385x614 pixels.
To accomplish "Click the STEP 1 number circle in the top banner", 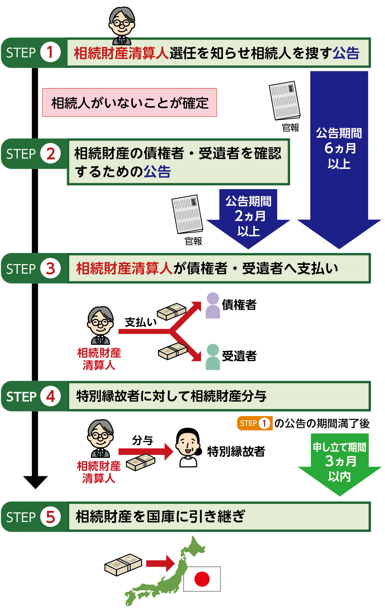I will (x=50, y=52).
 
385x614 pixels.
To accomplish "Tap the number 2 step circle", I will (x=50, y=154).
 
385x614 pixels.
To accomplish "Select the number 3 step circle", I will (x=50, y=268).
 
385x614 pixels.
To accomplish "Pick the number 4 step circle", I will (x=50, y=396).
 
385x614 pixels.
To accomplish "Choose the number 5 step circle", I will (x=50, y=517).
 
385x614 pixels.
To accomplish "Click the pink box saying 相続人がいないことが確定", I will (x=129, y=103).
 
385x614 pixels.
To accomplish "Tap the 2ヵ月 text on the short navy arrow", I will (x=249, y=216).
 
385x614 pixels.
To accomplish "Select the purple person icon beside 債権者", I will (x=213, y=305).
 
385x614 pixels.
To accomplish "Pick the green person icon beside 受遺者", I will (x=213, y=357).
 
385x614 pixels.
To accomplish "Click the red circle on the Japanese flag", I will (x=202, y=579).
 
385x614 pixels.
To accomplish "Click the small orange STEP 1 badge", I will (x=254, y=423).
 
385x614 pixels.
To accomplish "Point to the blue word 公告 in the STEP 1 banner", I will (x=346, y=53).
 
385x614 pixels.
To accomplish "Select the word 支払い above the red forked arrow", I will (x=141, y=322).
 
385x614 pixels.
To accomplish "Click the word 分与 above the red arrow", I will (x=142, y=440).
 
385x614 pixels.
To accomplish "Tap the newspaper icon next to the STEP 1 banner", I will (x=285, y=101).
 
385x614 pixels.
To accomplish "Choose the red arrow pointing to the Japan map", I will (x=160, y=564).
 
